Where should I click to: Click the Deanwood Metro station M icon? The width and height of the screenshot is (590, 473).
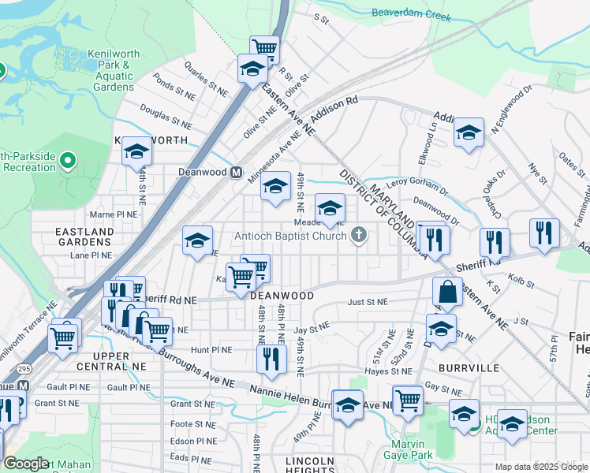(236, 173)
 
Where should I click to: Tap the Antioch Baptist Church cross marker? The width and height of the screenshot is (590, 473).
(359, 234)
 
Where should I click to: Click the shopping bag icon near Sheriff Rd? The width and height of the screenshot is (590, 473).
(447, 292)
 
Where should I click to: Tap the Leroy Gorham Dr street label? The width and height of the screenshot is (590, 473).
(417, 183)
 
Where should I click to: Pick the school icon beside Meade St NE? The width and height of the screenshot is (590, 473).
(330, 207)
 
